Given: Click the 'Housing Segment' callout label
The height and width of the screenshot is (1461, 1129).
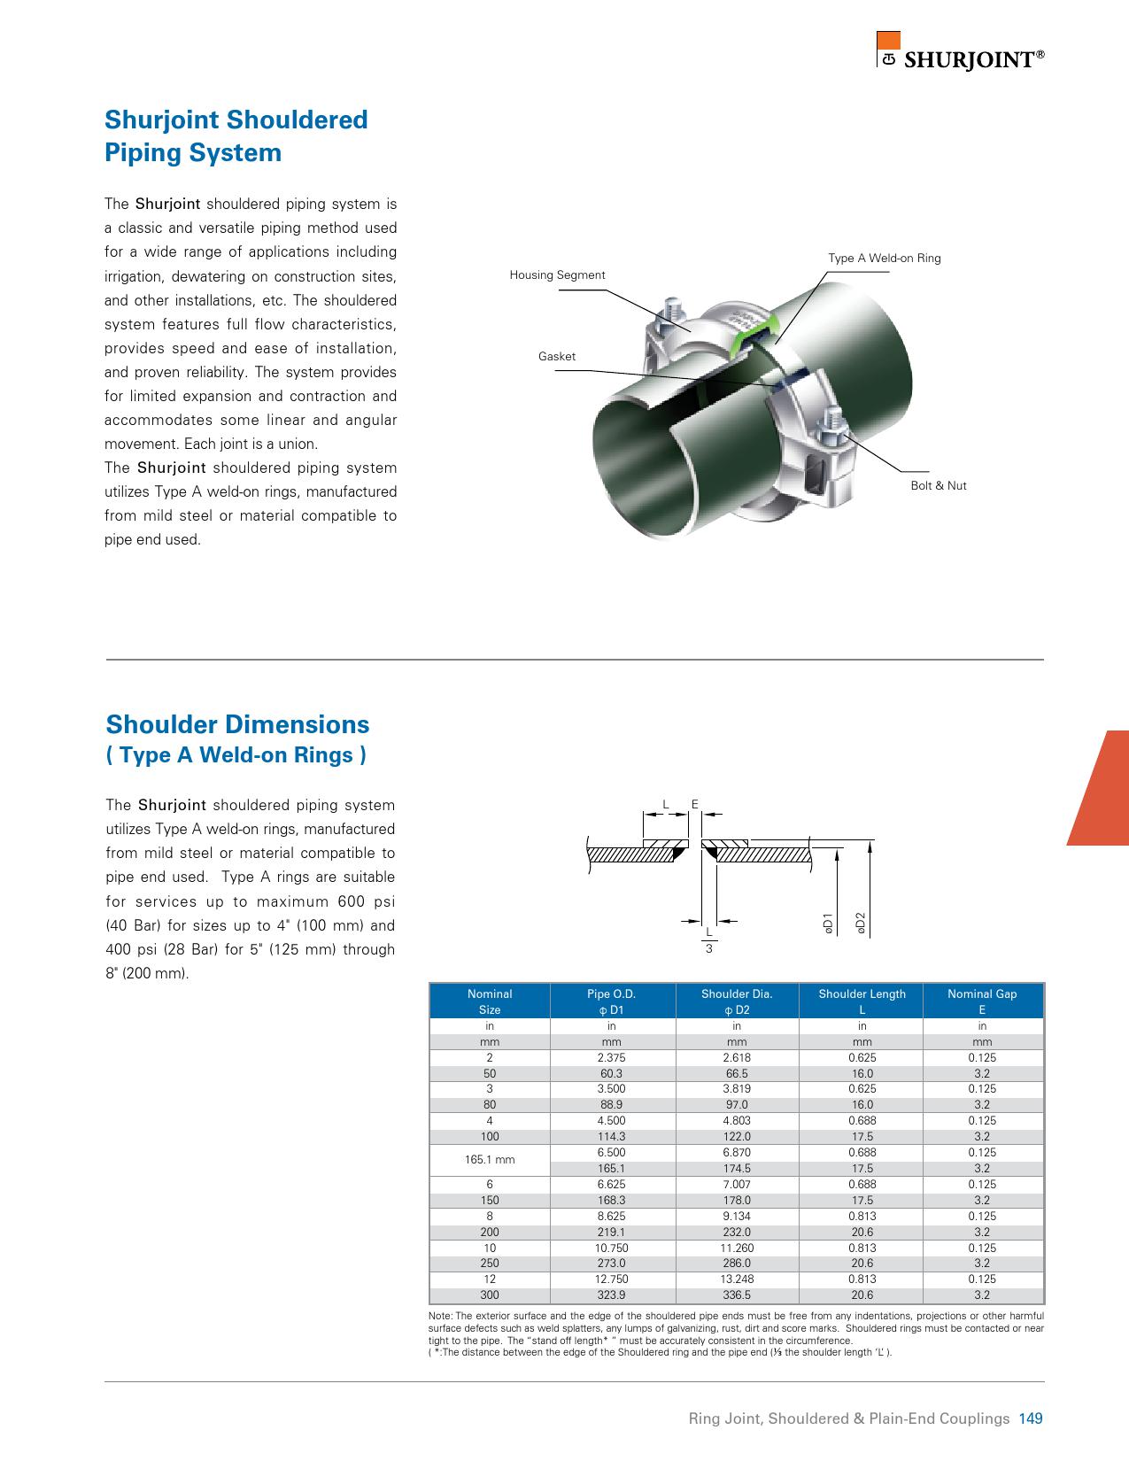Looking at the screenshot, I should pyautogui.click(x=557, y=275).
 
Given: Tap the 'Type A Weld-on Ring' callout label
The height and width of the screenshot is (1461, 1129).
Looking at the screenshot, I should pyautogui.click(x=884, y=259).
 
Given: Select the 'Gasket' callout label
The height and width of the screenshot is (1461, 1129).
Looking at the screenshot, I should pyautogui.click(x=556, y=357).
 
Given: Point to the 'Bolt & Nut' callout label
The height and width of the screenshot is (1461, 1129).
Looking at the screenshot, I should pyautogui.click(x=938, y=486).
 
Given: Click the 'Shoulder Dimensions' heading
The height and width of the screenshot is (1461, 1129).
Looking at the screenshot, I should pyautogui.click(x=237, y=725).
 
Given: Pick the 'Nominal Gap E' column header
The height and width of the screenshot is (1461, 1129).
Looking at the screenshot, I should pyautogui.click(x=982, y=1001).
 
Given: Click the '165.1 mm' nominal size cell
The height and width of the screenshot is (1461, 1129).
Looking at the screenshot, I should pyautogui.click(x=490, y=1160).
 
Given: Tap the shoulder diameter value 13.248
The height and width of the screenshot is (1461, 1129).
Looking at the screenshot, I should pyautogui.click(x=737, y=1279).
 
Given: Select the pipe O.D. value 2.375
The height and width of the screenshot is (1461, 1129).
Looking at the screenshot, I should pyautogui.click(x=611, y=1058).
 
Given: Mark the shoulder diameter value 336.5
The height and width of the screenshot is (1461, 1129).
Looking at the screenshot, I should pyautogui.click(x=737, y=1295).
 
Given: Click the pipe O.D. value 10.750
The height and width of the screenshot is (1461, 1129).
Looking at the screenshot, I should pyautogui.click(x=611, y=1248).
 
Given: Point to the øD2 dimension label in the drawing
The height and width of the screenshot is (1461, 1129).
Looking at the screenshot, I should pyautogui.click(x=860, y=922).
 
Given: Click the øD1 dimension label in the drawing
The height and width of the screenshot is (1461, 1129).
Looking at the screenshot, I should pyautogui.click(x=827, y=922).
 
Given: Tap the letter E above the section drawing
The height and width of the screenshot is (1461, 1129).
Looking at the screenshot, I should pyautogui.click(x=695, y=805).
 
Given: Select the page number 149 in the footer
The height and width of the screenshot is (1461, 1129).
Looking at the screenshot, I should pyautogui.click(x=1031, y=1418).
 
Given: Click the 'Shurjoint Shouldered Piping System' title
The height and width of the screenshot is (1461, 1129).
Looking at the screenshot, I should pyautogui.click(x=236, y=136).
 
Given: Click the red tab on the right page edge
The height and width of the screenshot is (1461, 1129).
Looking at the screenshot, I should pyautogui.click(x=1102, y=788).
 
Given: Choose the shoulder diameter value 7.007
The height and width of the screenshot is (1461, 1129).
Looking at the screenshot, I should pyautogui.click(x=737, y=1185).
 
